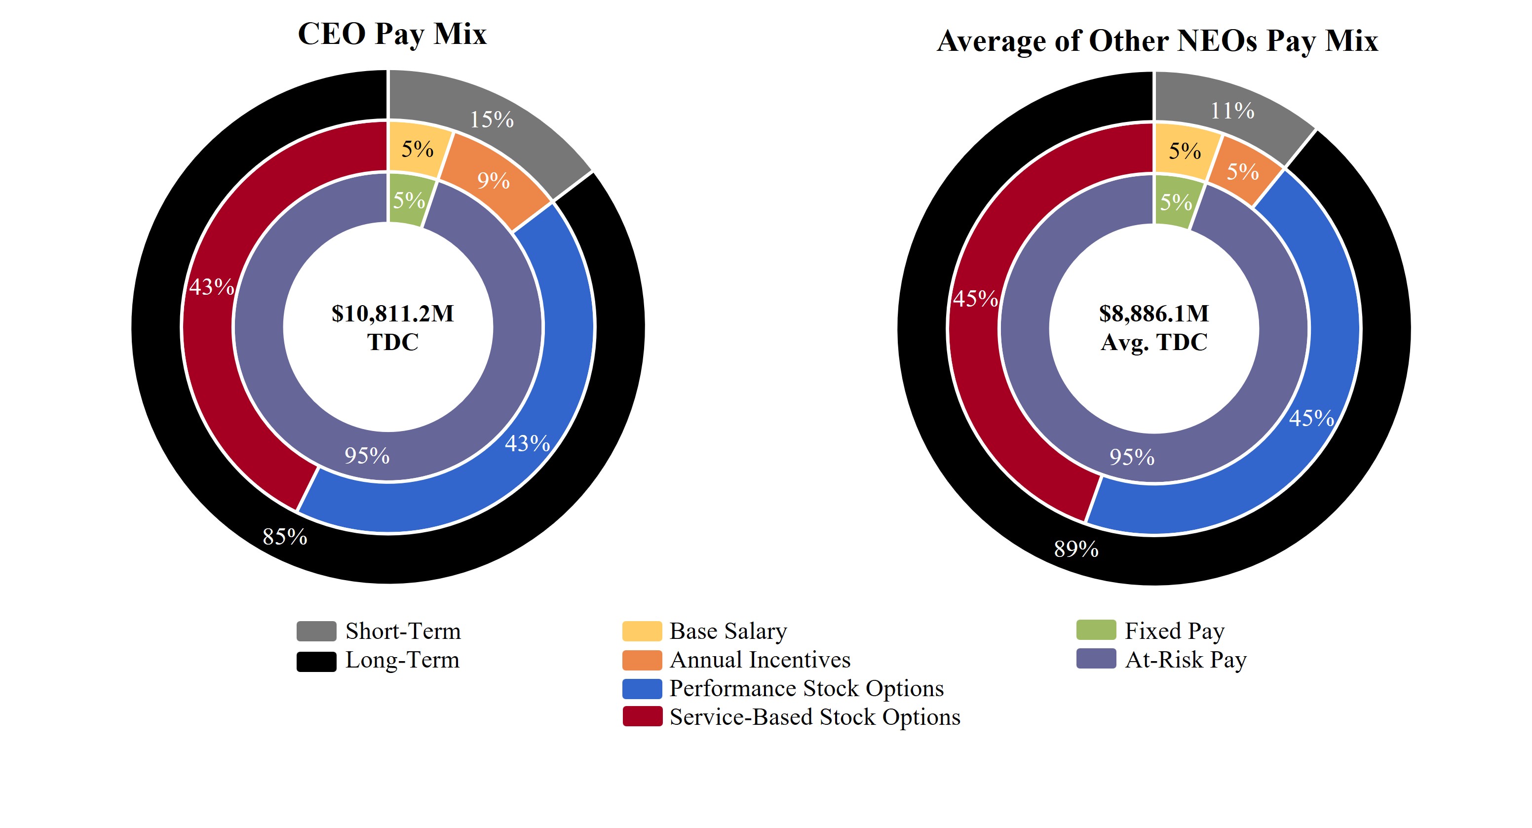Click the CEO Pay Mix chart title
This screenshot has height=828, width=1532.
point(392,34)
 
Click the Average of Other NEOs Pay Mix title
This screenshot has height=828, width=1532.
point(1157,41)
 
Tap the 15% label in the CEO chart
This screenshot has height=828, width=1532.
point(491,119)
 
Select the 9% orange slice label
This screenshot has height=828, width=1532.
point(493,180)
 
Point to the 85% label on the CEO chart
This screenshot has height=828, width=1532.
point(285,537)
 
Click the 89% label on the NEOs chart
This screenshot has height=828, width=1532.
point(1076,549)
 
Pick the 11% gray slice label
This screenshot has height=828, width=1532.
point(1232,111)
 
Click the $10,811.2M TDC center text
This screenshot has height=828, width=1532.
point(392,327)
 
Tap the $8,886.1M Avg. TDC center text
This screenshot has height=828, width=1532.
point(1154,327)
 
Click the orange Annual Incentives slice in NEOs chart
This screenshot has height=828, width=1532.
point(1242,172)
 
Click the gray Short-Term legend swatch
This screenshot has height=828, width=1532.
point(316,631)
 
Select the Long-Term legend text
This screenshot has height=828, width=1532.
point(402,660)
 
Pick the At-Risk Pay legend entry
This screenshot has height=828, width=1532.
point(1186,660)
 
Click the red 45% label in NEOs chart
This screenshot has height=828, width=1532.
point(975,299)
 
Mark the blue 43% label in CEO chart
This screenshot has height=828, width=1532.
point(527,443)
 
